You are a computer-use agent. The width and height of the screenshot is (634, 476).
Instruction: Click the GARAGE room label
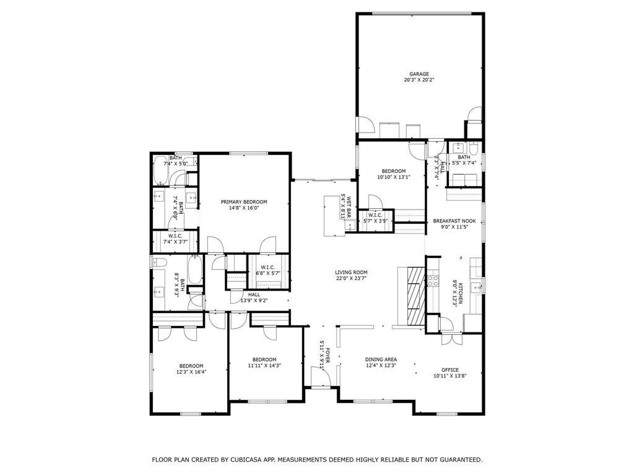[x=419, y=74]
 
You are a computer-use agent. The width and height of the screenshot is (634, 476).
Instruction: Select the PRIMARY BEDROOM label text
[x=244, y=202]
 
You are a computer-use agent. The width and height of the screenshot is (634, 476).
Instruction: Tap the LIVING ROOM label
[x=351, y=272]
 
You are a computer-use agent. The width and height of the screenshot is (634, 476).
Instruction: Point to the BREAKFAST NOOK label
[x=454, y=221]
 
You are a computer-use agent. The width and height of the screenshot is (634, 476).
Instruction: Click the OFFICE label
[x=449, y=369]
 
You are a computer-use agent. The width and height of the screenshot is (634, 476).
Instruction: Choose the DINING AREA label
[x=381, y=359]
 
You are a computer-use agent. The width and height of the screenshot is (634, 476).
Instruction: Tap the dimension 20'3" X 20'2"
[x=419, y=80]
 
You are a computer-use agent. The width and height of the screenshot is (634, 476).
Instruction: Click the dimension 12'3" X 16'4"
[x=191, y=372]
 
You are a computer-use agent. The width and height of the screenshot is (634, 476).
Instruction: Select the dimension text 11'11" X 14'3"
[x=264, y=366]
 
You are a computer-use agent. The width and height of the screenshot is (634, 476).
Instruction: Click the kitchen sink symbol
[x=475, y=286]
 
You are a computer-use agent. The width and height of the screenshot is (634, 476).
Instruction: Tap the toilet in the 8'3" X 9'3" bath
[x=157, y=263]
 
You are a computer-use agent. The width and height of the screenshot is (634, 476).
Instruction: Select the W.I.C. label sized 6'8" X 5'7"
[x=268, y=267]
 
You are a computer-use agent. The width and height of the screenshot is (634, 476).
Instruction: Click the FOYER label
[x=328, y=356]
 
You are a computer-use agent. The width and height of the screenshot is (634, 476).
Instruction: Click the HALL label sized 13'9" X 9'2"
[x=254, y=294]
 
